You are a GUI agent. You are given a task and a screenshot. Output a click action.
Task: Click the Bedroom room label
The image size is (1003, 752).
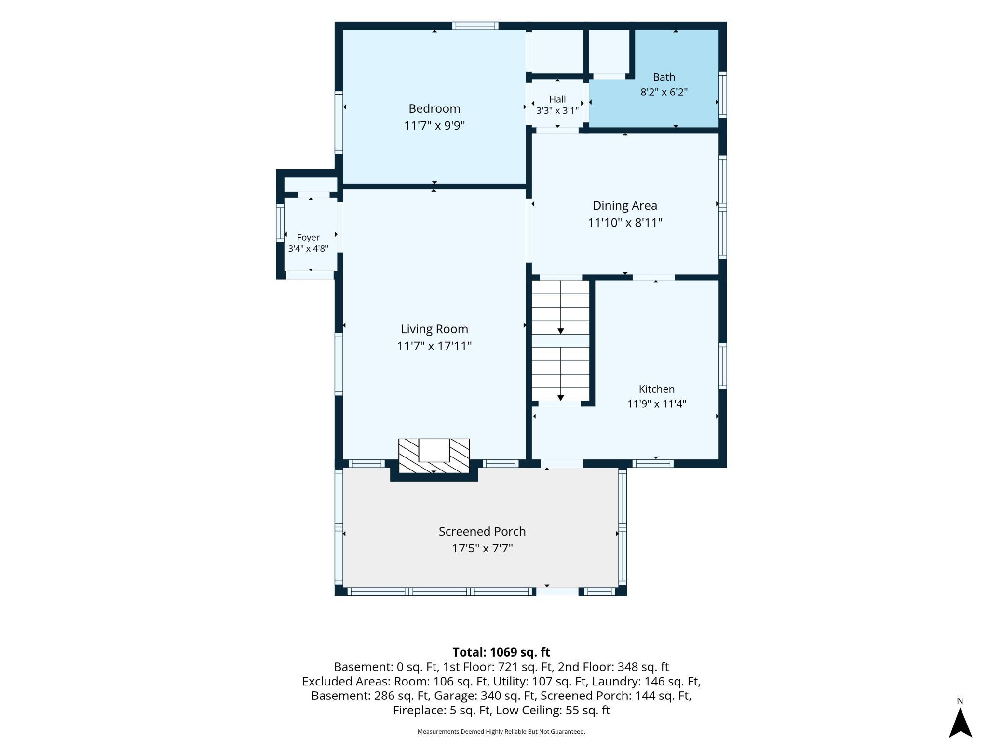[434, 108]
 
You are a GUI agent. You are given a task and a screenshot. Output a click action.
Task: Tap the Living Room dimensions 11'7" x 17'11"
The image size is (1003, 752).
[434, 346]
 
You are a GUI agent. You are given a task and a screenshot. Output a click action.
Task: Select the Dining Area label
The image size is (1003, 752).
[625, 206]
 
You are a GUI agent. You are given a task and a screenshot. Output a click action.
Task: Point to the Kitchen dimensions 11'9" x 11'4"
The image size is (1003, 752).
[656, 404]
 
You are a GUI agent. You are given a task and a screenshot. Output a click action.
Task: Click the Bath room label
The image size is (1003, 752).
[664, 77]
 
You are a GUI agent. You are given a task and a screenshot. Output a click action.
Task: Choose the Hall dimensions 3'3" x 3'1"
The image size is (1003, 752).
[557, 110]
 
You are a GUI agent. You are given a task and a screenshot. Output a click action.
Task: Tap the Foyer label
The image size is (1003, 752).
[308, 238]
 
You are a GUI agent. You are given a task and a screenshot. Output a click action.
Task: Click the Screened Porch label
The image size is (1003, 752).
[482, 531]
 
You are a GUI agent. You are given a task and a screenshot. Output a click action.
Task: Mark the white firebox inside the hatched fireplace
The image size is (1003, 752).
[434, 450]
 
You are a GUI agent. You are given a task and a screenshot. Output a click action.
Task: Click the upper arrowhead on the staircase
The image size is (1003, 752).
[561, 331]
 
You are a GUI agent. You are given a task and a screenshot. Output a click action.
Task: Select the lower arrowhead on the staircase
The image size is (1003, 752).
[561, 398]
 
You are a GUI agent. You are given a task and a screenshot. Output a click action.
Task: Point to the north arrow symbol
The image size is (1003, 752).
[960, 723]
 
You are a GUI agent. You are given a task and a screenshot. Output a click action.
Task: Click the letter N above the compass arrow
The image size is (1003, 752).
[960, 701]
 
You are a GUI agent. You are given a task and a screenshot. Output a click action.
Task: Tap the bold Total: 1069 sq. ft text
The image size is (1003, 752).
[501, 652]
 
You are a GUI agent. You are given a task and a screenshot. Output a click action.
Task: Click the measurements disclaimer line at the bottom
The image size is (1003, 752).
[501, 732]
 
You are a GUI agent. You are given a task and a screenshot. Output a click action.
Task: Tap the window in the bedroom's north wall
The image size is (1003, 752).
[475, 26]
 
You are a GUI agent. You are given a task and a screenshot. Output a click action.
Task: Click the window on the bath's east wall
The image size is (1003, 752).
[722, 94]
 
